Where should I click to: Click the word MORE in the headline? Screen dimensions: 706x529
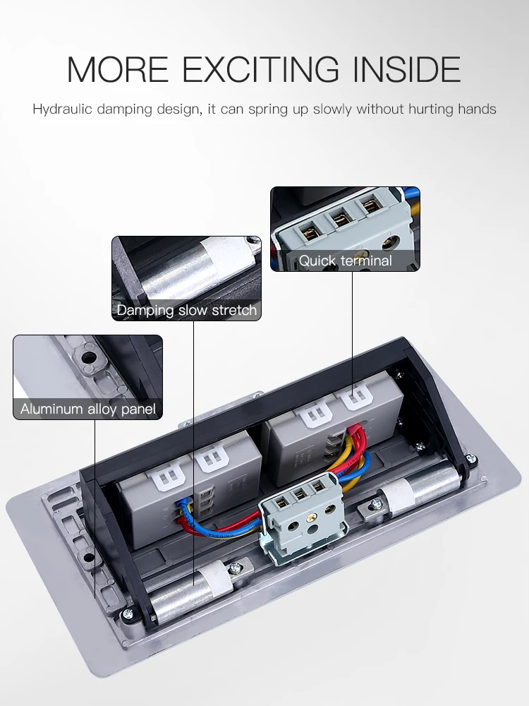coord(117,69)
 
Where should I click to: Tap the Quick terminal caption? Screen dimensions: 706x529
coord(345,261)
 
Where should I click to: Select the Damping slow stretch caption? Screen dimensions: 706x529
coord(187,310)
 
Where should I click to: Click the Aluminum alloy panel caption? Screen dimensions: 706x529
coord(88,409)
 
